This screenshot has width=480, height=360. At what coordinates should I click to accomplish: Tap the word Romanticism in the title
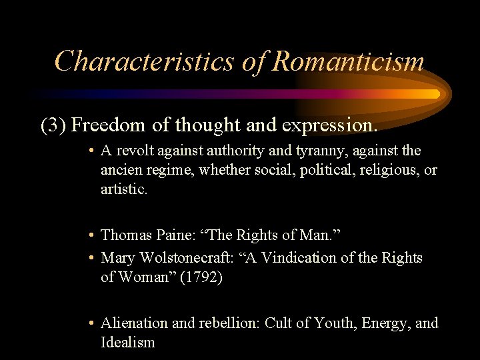coord(349,61)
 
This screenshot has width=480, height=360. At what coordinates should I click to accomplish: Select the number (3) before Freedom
coord(53,125)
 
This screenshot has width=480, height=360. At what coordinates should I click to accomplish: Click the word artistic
coord(124,189)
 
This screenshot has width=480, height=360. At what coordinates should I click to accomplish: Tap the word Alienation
coord(134,323)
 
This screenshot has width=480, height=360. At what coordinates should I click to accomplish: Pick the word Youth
coord(339,323)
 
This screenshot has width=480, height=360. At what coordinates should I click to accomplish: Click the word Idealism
coord(127,343)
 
